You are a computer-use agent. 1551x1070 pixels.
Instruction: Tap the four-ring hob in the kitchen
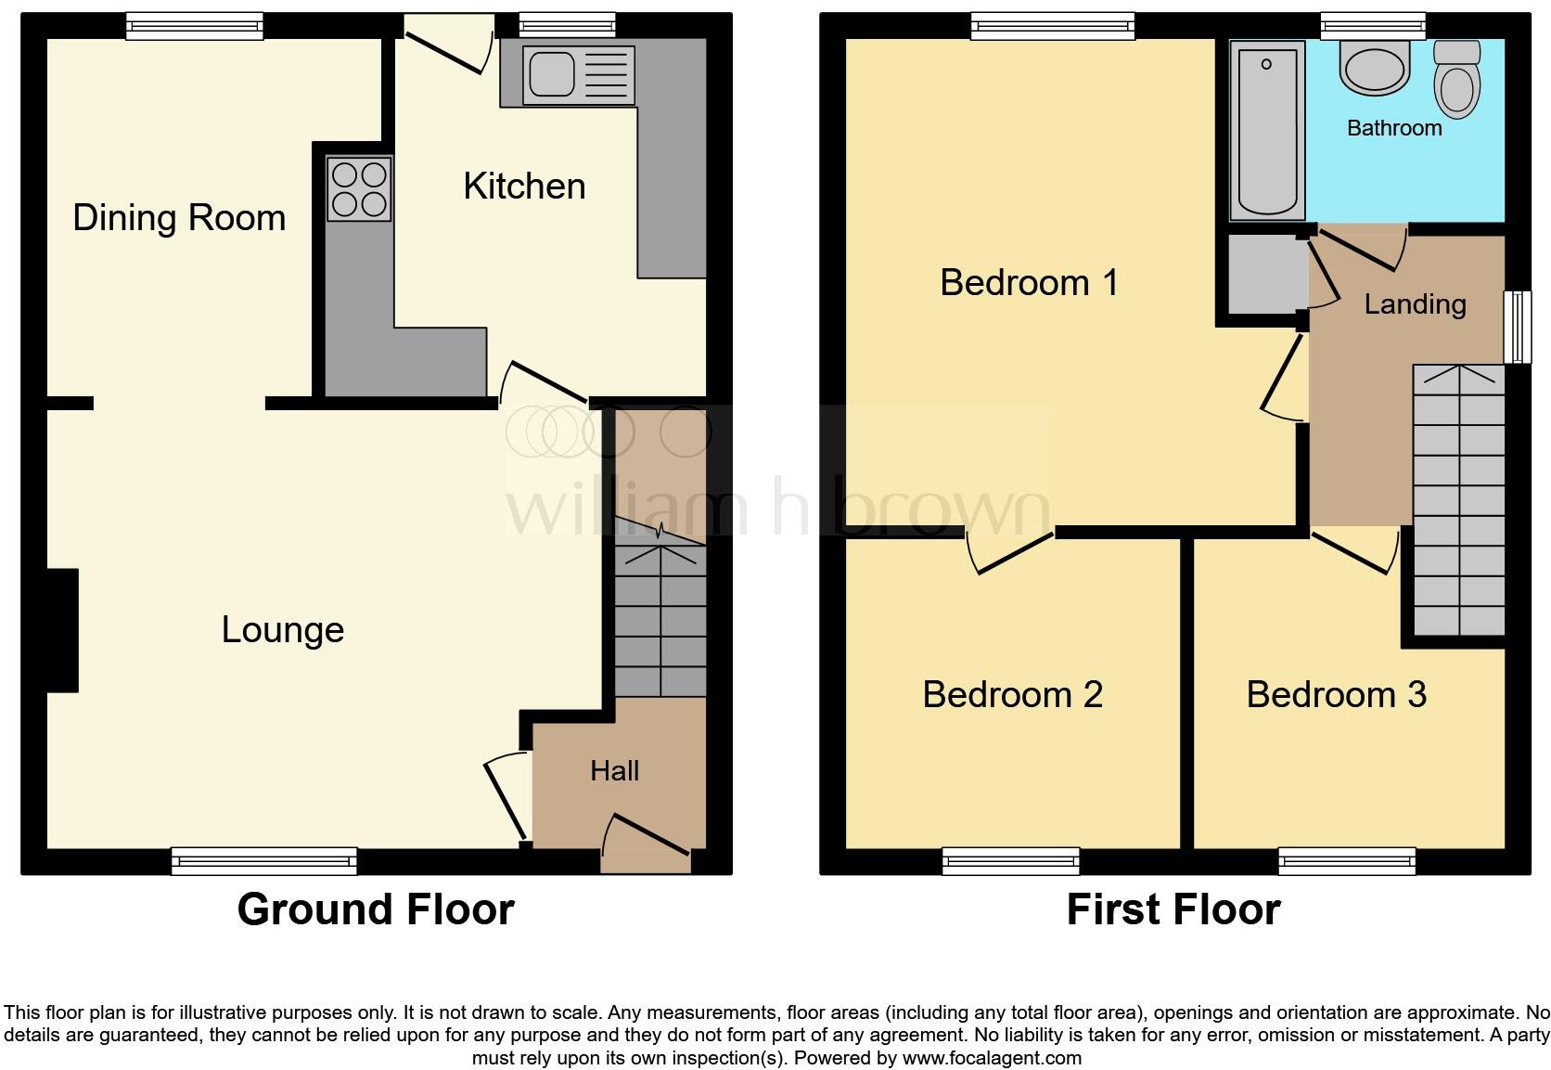pos(359,188)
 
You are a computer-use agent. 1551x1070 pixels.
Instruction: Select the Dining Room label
pos(179,218)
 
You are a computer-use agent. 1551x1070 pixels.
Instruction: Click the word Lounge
pos(283,630)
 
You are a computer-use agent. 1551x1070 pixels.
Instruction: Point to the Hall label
pos(614,770)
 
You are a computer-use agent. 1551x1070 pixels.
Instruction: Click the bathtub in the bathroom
pos(1266,130)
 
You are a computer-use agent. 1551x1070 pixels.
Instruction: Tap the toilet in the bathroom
pos(1456,79)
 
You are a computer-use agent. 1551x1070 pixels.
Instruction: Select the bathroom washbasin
pos(1374,70)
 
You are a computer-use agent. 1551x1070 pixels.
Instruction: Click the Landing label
pos(1415,304)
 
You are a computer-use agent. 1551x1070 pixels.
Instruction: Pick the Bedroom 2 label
pos(1012,694)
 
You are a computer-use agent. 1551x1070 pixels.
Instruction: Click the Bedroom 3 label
pos(1336,694)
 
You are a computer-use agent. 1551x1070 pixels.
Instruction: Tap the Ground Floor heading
pos(376,909)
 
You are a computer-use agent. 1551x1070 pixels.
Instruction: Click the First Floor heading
pos(1173,909)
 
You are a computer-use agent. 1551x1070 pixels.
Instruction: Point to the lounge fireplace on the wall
pos(63,630)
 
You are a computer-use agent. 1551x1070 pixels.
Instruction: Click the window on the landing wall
pos(1518,327)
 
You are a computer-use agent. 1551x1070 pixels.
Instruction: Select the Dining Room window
pos(195,26)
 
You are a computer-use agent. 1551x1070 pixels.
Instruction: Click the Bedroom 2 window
pos(1011,861)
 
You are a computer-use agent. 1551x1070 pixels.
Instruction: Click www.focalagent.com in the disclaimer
pos(992,1058)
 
